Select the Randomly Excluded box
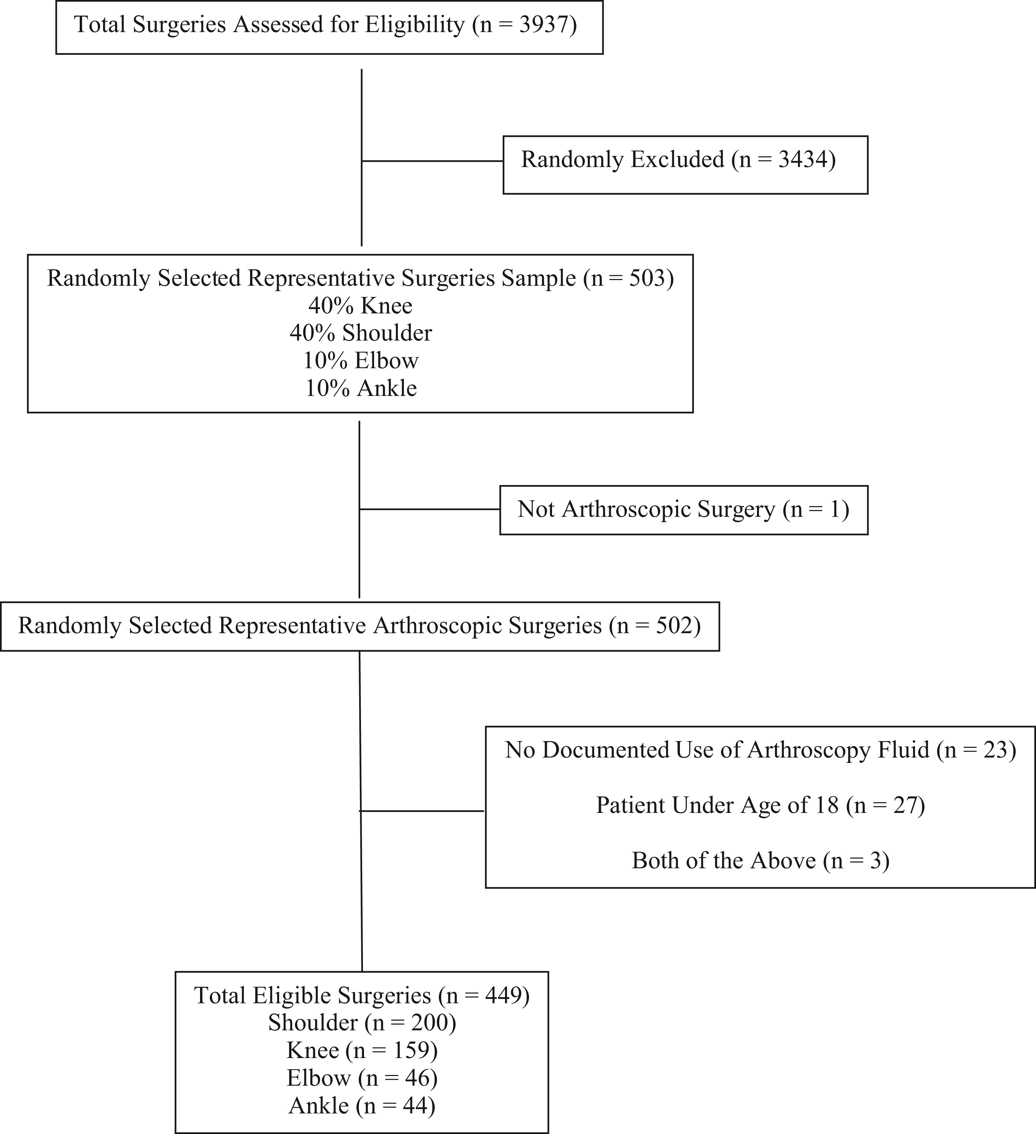point(685,165)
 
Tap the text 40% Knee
point(361,305)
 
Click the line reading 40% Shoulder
point(361,333)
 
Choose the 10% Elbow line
point(361,361)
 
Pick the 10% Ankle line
point(361,388)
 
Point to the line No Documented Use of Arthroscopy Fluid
point(760,750)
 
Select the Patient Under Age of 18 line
point(760,805)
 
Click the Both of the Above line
point(760,861)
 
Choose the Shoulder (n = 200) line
point(362,1023)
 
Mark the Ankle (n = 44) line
point(362,1106)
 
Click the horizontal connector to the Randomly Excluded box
point(432,161)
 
